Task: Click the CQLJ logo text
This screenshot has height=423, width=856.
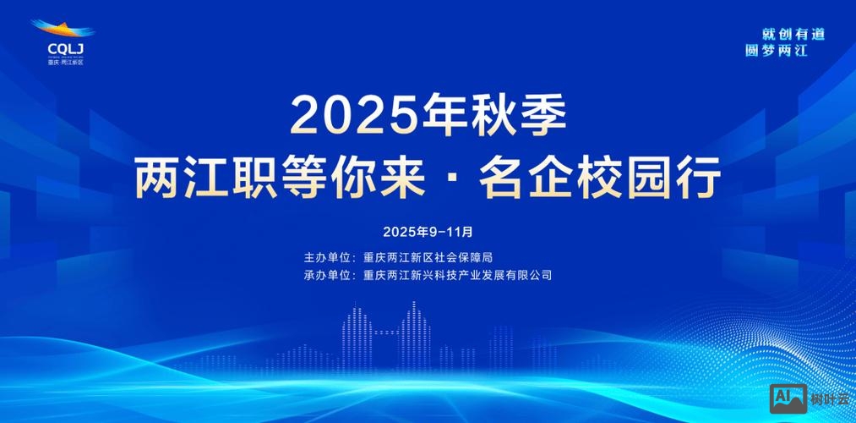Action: [x=64, y=49]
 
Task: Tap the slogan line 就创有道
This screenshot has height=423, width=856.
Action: [x=793, y=34]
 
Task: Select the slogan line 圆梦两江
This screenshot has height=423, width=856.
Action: [x=777, y=51]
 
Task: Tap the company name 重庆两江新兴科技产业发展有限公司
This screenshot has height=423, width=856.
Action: [x=457, y=275]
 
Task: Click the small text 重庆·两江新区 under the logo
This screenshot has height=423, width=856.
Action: [x=65, y=63]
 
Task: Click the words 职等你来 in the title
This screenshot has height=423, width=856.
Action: [x=318, y=178]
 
